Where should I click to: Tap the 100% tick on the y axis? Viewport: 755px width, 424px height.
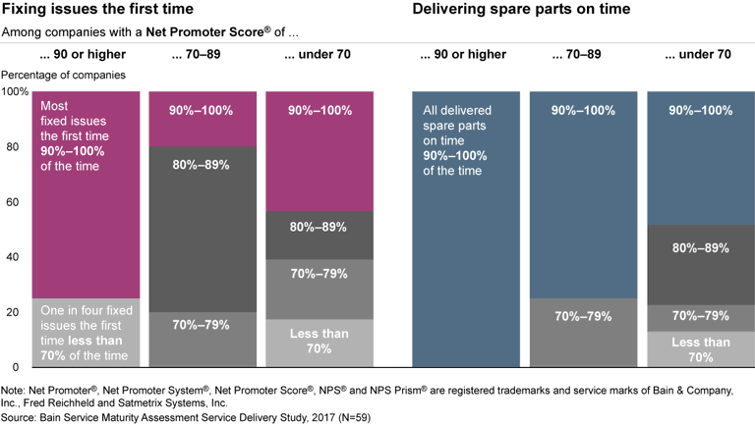tap(17, 91)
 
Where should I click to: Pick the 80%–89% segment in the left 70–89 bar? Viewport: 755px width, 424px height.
tap(202, 229)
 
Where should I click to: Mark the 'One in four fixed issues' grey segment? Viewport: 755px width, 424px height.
tap(86, 333)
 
